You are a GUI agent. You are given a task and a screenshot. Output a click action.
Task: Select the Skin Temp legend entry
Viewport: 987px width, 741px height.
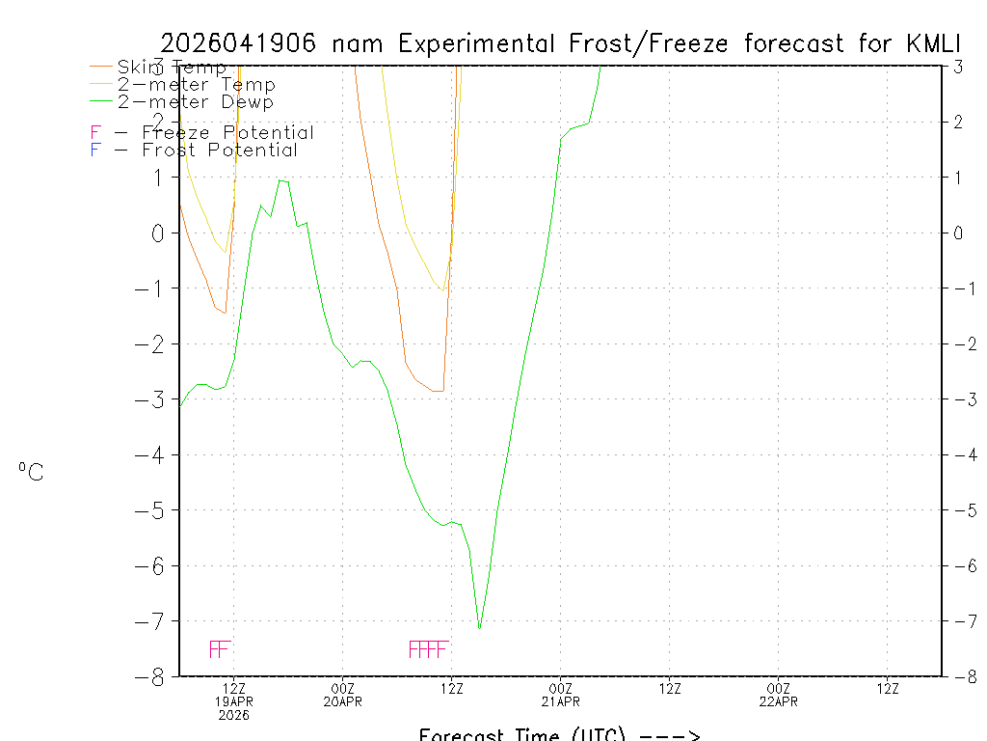172,68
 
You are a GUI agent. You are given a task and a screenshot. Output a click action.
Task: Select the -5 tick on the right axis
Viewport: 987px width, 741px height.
958,510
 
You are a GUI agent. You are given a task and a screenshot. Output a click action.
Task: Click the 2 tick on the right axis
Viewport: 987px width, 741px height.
959,122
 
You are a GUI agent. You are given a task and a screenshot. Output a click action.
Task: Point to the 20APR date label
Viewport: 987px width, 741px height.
343,701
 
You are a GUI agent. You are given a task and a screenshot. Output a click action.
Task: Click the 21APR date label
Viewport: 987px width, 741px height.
560,701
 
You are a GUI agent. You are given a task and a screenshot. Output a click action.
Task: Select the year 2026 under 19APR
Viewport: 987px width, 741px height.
233,715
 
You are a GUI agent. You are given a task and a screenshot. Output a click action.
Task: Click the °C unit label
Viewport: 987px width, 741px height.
31,472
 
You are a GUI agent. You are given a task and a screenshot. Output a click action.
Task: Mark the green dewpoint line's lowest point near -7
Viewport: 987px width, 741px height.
479,628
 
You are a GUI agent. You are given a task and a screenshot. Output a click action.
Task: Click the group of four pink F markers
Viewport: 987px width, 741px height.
428,648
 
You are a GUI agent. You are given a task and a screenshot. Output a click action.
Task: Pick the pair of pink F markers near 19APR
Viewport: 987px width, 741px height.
220,648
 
